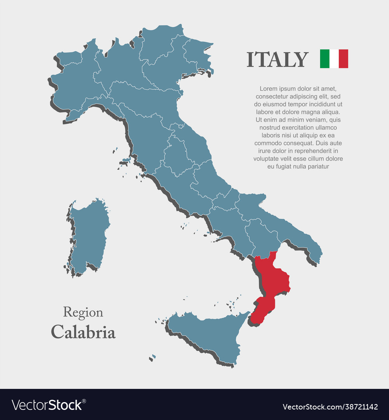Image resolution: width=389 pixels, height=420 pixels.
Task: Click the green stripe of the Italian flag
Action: pos(324,59)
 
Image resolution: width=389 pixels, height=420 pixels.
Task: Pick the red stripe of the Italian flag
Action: pos(343,59)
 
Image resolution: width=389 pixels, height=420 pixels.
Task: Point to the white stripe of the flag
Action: pos(334,59)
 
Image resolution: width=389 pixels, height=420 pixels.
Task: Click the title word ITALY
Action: pos(277,59)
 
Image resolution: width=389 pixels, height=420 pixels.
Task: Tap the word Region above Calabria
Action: pos(83,312)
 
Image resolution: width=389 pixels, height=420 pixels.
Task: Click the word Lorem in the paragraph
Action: pos(268,89)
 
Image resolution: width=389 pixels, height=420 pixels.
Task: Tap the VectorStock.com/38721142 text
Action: pos(330,407)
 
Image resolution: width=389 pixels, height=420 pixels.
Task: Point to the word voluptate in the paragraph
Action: pos(266,159)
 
